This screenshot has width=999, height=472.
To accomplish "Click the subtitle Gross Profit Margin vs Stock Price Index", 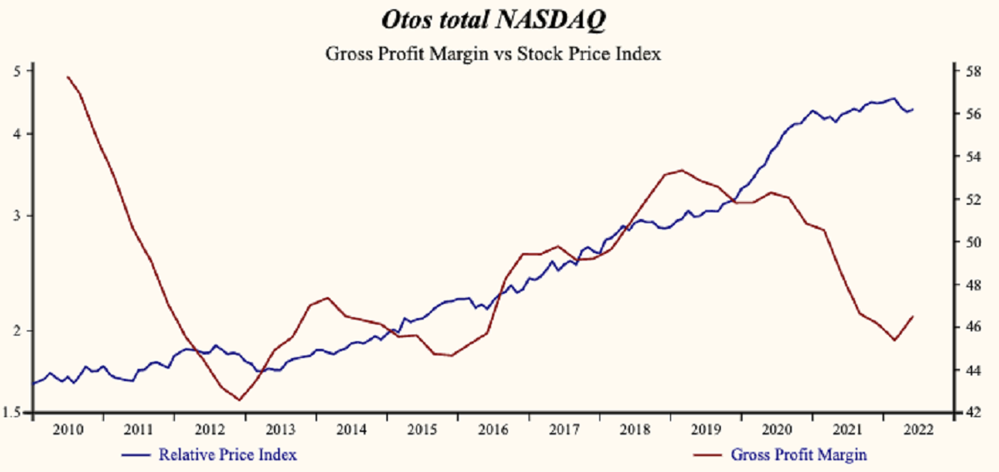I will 493,55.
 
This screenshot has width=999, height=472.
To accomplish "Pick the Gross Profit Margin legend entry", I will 798,455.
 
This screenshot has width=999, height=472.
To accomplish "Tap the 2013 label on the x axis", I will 281,430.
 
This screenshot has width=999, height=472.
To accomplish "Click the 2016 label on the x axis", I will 493,430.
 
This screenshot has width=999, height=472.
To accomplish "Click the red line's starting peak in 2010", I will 67,77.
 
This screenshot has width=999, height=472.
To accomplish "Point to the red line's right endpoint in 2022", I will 913,316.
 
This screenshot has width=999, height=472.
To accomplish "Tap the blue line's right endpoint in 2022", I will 913,109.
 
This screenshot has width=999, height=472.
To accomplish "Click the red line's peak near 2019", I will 682,170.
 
